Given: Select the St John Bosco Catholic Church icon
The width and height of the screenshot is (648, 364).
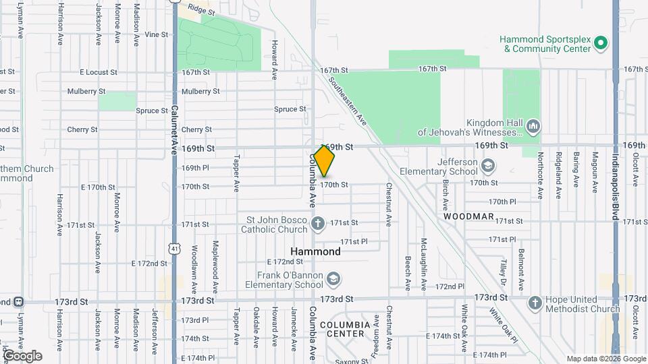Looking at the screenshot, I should [x=318, y=222].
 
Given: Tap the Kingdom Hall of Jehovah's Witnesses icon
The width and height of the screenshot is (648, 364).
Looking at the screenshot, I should [x=533, y=126].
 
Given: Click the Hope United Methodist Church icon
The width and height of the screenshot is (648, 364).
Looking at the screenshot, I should [x=535, y=303].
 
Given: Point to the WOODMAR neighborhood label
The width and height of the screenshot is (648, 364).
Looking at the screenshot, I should [x=469, y=218].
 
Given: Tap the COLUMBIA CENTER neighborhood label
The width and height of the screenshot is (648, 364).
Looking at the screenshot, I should [x=345, y=328].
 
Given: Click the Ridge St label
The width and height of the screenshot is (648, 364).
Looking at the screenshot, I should [x=201, y=11].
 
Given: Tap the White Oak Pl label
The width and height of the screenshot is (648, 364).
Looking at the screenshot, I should [x=502, y=324].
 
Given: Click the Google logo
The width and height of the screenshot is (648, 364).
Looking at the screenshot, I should [x=22, y=356].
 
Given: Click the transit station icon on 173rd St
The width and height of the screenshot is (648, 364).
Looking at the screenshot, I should [x=20, y=301].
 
